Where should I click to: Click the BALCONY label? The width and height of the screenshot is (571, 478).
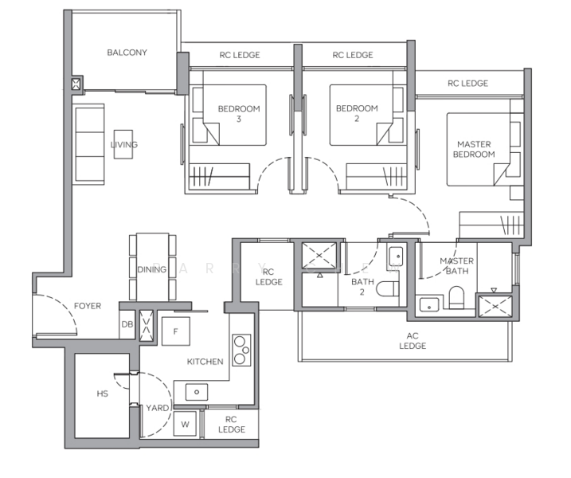pyautogui.click(x=127, y=53)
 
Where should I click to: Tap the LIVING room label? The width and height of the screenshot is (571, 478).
pyautogui.click(x=123, y=145)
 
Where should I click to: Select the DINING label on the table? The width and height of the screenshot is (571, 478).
pyautogui.click(x=151, y=269)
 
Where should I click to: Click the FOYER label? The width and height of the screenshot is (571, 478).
pyautogui.click(x=88, y=306)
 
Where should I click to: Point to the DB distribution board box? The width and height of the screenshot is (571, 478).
pyautogui.click(x=127, y=323)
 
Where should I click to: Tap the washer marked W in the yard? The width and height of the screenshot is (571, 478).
pyautogui.click(x=185, y=424)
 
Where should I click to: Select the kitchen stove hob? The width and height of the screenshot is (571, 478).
pyautogui.click(x=239, y=350)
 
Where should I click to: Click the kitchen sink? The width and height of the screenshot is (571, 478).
pyautogui.click(x=196, y=391)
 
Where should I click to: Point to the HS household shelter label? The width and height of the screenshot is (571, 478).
pyautogui.click(x=102, y=394)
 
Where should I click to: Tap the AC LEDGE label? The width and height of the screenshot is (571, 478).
pyautogui.click(x=413, y=340)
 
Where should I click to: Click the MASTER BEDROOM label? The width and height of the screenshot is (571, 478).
pyautogui.click(x=474, y=149)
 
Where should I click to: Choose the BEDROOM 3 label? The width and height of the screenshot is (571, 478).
pyautogui.click(x=238, y=113)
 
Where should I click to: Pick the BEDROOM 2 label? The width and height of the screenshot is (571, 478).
pyautogui.click(x=356, y=113)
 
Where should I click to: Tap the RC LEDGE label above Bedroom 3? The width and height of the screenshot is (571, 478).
pyautogui.click(x=239, y=55)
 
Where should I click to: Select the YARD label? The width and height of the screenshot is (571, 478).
pyautogui.click(x=156, y=408)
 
